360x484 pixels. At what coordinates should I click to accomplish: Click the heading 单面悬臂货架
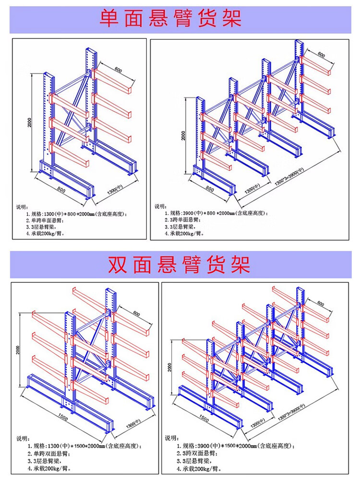tap(170, 18)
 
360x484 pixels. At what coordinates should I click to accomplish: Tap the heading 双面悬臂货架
tap(180, 264)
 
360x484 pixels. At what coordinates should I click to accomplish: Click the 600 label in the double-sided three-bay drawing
tap(321, 303)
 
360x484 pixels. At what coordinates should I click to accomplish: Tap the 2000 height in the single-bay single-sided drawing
tap(30, 123)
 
